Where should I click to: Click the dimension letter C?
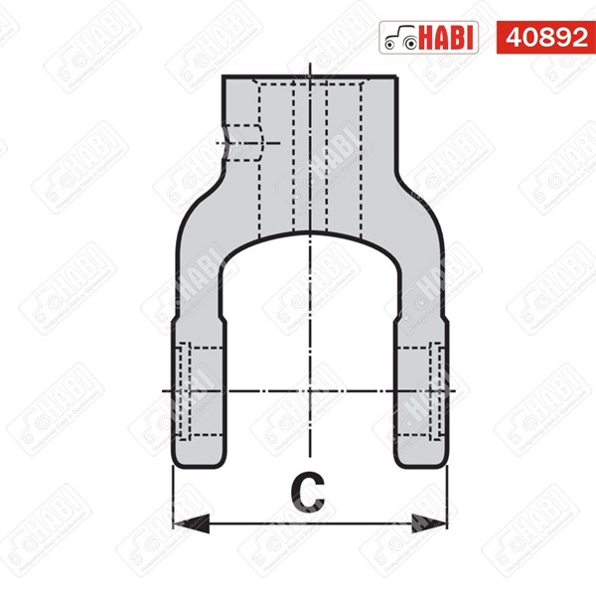point(310,490)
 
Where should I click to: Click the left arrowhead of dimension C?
point(184,521)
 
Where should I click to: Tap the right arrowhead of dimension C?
point(436,521)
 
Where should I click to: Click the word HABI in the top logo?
point(450,37)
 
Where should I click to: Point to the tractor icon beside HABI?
point(400,37)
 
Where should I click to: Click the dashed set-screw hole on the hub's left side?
point(243,143)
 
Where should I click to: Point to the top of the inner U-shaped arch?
point(311,235)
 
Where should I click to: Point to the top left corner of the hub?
point(223,78)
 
